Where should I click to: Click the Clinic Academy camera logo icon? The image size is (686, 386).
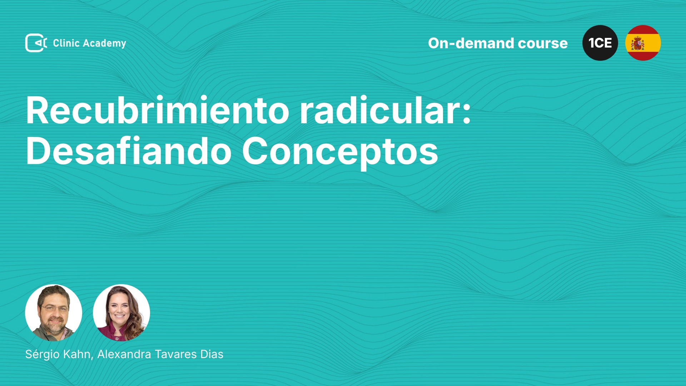click(x=36, y=43)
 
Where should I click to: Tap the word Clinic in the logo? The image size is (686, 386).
click(x=66, y=43)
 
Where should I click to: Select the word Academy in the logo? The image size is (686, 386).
click(x=105, y=44)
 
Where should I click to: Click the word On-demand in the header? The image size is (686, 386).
click(x=471, y=43)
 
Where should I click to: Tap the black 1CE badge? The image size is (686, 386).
click(x=600, y=43)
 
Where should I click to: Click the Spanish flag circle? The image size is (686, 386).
click(x=643, y=43)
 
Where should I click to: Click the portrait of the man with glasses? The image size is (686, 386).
click(x=54, y=313)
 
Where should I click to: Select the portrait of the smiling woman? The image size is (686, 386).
click(x=121, y=313)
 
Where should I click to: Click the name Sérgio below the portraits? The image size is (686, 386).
click(x=43, y=354)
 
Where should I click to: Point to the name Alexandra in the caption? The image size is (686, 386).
click(x=124, y=354)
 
